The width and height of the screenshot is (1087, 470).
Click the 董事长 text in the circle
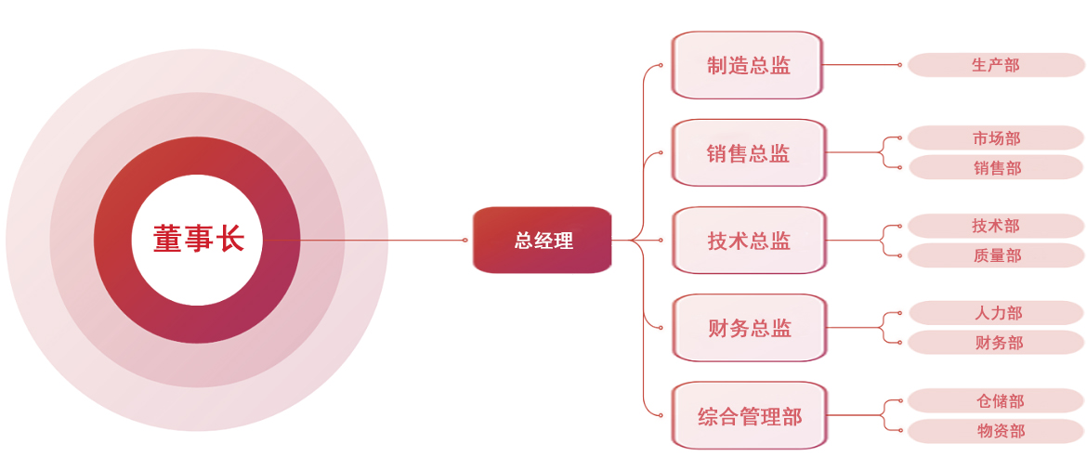[x=198, y=240]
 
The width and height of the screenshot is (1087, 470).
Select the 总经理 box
[x=543, y=241]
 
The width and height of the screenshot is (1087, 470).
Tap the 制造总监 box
[x=748, y=65]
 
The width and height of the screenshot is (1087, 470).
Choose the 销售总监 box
[x=748, y=153]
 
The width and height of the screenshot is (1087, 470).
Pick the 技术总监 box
[x=748, y=241]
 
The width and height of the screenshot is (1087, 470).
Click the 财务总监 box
[x=748, y=328]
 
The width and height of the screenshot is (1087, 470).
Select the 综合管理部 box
[x=748, y=416]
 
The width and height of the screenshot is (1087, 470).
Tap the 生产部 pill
[x=995, y=65]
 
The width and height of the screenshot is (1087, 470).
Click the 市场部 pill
[x=995, y=138]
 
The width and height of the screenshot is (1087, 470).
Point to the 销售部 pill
[x=995, y=168]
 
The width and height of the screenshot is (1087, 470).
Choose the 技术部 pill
[x=995, y=226]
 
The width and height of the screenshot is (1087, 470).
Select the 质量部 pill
[x=995, y=255]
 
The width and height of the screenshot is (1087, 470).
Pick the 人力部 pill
[x=995, y=313]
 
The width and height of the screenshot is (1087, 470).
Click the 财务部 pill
[x=995, y=343]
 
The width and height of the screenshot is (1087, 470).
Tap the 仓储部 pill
[x=995, y=401]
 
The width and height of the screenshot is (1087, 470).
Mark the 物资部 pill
[x=995, y=431]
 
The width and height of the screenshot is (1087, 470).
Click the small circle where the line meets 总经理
[x=465, y=240]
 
